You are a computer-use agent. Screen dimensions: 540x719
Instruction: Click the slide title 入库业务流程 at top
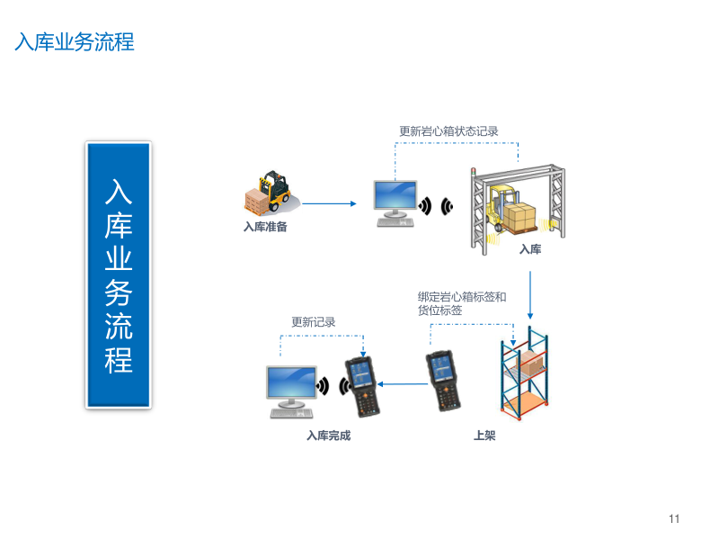(75, 42)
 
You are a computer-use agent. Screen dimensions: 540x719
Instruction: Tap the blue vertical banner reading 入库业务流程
(119, 274)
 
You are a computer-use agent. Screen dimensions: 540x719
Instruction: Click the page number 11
(674, 518)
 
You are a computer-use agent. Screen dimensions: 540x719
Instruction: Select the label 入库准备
(265, 227)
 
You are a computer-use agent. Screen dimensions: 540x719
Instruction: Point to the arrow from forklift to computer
(329, 203)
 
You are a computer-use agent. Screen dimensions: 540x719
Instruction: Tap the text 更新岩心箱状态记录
(448, 131)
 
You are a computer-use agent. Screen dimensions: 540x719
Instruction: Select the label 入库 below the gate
(530, 249)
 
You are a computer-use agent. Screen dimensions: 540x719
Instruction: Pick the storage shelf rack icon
(525, 374)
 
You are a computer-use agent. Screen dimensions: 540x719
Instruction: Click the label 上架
(484, 436)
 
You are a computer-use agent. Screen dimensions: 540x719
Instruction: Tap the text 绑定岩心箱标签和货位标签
(462, 303)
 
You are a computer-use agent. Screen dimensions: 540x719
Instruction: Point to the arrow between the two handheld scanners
(404, 385)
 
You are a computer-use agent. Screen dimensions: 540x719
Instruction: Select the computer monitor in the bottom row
(291, 390)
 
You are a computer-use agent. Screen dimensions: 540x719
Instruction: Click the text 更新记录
(313, 322)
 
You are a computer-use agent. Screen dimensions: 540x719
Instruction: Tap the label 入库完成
(328, 436)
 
